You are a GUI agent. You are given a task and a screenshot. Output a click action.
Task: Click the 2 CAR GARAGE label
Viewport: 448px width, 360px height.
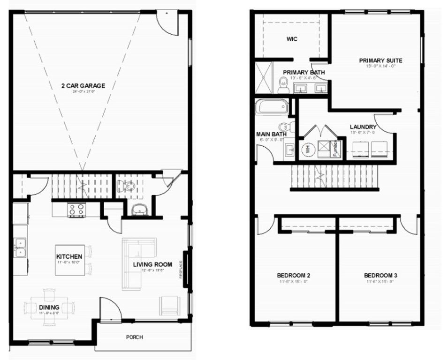(x=83, y=86)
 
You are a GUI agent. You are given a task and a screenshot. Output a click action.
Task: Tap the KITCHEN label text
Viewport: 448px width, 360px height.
(x=69, y=256)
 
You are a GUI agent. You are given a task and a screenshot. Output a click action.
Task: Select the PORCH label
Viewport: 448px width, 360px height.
(x=135, y=337)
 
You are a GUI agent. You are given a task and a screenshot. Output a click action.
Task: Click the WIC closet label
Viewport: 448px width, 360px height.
(x=292, y=39)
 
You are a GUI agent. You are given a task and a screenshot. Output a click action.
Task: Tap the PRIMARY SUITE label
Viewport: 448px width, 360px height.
(x=380, y=60)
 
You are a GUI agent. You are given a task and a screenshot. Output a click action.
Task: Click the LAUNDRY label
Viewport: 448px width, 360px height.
(x=363, y=127)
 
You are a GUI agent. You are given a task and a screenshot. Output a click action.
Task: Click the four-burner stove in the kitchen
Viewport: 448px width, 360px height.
(x=76, y=210)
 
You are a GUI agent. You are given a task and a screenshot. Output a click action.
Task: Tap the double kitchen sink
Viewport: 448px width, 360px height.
(x=20, y=248)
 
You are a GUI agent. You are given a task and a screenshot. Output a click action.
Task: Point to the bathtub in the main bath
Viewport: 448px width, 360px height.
(x=272, y=106)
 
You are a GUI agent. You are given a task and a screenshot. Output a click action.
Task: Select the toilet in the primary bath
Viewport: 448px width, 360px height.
(x=283, y=85)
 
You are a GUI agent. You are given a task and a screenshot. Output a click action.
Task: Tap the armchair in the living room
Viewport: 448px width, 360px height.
(x=169, y=306)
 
